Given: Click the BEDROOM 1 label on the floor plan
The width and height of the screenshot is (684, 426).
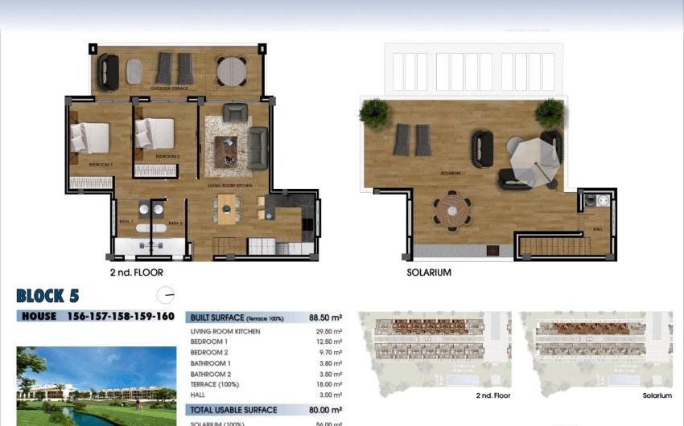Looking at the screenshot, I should pos(101,165).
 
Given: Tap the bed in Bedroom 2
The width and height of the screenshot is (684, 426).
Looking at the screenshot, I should pos(155,134).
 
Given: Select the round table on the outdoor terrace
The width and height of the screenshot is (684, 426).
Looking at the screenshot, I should pos(233,70).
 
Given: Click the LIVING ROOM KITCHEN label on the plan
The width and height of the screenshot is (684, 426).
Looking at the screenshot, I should pos(231,186).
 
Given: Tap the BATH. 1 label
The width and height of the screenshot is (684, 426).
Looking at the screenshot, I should pos(127,223).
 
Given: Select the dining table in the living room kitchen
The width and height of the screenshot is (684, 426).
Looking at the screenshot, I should pos(229,209).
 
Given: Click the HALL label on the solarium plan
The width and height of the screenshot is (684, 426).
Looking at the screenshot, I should pos(598,229).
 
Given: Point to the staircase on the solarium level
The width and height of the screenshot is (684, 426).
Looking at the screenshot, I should pos(550,243).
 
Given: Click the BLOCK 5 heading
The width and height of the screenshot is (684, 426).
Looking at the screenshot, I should pos(47,295).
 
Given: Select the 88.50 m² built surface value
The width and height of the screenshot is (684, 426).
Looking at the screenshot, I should pos(326,318).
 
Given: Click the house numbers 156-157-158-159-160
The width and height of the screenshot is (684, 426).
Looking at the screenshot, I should pos(121,316).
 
